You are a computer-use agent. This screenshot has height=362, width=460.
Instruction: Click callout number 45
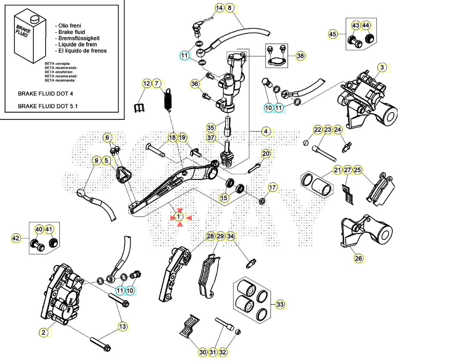coord(332,34)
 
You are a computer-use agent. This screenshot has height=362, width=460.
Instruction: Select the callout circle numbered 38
coord(300,56)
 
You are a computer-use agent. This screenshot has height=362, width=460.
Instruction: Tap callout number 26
coord(358,258)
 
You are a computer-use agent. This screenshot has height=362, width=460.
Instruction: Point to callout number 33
coord(280,304)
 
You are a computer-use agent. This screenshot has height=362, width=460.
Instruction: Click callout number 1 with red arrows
coord(179,216)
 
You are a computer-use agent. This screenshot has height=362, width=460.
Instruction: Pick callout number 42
coord(16,239)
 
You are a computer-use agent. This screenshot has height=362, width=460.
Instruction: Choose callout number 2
coord(43,333)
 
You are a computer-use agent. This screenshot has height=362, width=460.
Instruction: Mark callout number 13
coord(122,326)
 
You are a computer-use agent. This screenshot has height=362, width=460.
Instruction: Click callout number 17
coord(272,187)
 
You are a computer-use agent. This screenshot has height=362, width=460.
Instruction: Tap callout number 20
coord(266,154)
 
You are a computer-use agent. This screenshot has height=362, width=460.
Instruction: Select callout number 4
coord(266,131)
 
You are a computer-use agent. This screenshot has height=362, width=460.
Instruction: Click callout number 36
coord(194,84)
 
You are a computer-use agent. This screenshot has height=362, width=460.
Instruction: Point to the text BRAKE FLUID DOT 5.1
coord(48,106)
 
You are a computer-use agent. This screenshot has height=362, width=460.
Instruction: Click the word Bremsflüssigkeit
coord(79,38)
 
